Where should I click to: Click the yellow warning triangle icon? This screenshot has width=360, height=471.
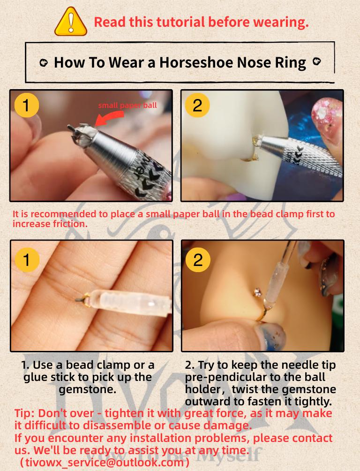tap(71, 22)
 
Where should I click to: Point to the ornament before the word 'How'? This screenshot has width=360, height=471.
tap(44, 63)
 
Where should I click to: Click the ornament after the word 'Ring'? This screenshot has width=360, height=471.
tap(316, 62)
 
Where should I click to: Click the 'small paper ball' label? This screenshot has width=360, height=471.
tap(127, 106)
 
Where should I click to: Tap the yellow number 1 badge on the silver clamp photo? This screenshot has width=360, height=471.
tap(26, 105)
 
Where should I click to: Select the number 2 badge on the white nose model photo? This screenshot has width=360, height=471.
tap(197, 105)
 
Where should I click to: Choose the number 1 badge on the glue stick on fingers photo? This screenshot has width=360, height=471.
tap(27, 260)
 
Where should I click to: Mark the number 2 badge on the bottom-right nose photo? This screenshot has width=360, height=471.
tap(198, 260)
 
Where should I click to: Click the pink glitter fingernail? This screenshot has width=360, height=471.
tap(326, 116)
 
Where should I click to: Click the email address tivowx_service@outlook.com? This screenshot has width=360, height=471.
tap(105, 462)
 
